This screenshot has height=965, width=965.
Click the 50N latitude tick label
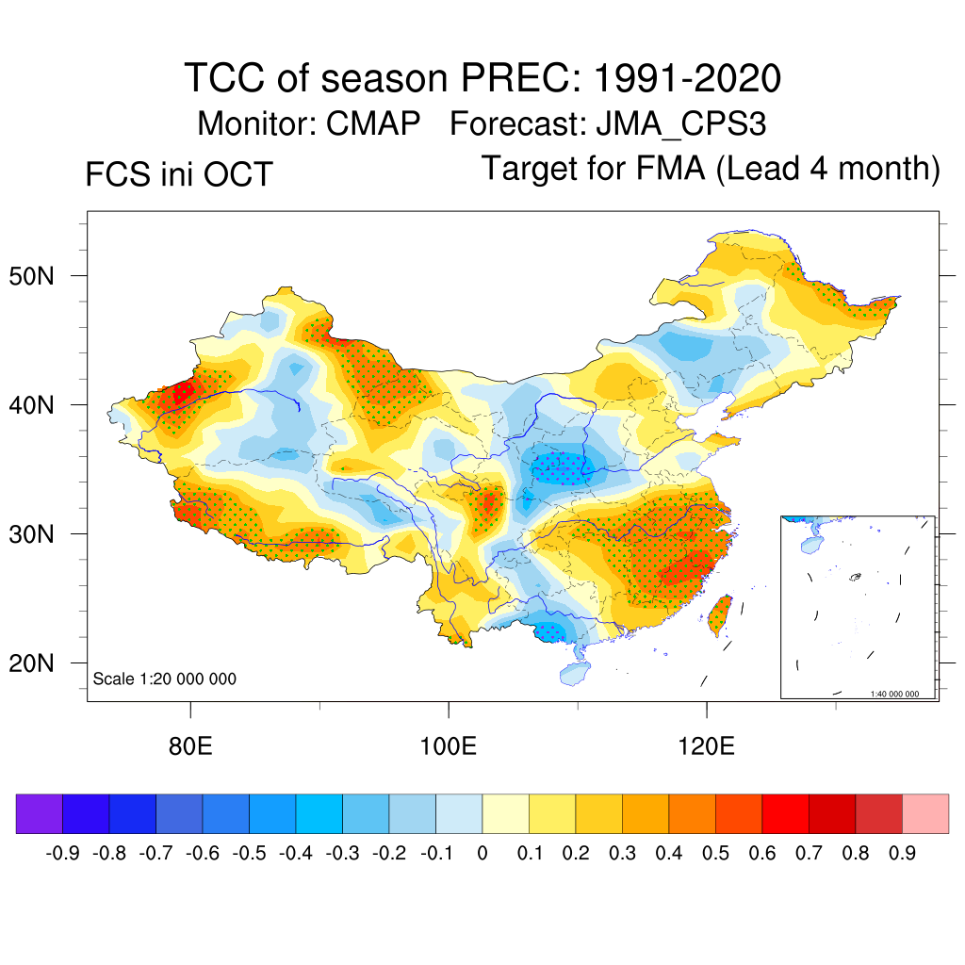click(41, 276)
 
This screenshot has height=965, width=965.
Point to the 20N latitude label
click(41, 663)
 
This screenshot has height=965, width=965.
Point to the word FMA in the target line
click(671, 169)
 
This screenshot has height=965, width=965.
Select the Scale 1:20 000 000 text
click(165, 679)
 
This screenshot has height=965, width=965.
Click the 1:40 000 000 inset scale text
click(900, 694)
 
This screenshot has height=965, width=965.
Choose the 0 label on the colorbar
click(482, 854)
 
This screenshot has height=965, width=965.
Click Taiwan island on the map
click(720, 613)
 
